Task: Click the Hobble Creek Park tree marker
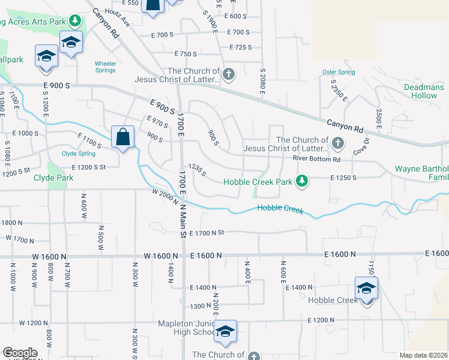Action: coord(303,181)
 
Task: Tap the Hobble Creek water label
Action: coord(280,208)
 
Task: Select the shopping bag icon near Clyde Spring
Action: coord(122,137)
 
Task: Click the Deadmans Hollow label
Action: coord(424,91)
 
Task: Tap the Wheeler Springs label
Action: coord(105,67)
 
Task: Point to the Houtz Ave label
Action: coord(116,17)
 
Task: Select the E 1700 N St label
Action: coord(206,233)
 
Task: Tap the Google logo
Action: coord(20,353)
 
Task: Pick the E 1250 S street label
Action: coord(343,178)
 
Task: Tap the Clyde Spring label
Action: coord(79,153)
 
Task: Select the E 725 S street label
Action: coord(243,47)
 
